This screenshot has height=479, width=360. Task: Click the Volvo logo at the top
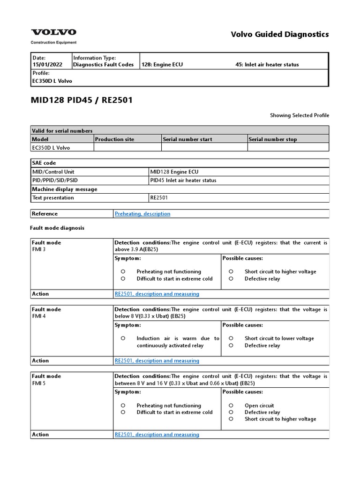pyautogui.click(x=53, y=32)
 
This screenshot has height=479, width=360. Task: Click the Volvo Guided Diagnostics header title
pyautogui.click(x=280, y=34)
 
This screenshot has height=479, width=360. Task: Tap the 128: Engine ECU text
pyautogui.click(x=162, y=65)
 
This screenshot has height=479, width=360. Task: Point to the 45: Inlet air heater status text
pyautogui.click(x=267, y=65)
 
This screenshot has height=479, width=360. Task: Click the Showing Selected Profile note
pyautogui.click(x=300, y=115)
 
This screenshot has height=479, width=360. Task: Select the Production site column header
pyautogui.click(x=114, y=139)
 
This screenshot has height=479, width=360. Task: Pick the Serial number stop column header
pyautogui.click(x=273, y=139)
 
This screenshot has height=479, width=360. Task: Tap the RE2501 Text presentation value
pyautogui.click(x=159, y=198)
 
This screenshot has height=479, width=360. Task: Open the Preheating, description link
pyautogui.click(x=142, y=214)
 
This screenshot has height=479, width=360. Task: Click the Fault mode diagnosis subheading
pyautogui.click(x=57, y=228)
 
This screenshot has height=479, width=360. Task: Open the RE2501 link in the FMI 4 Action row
pyautogui.click(x=157, y=361)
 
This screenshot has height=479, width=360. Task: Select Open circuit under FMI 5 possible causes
pyautogui.click(x=259, y=406)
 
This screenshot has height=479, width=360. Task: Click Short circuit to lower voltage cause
pyautogui.click(x=279, y=338)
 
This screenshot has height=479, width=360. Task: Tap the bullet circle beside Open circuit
pyautogui.click(x=231, y=406)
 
